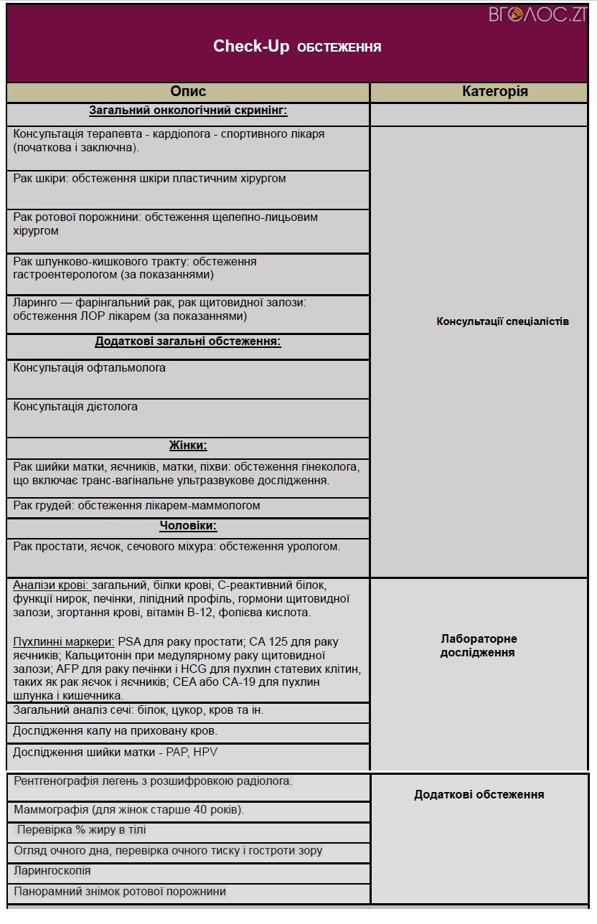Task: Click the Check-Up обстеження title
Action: (297, 47)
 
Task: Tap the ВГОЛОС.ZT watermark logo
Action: (538, 14)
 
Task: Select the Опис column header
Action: (188, 91)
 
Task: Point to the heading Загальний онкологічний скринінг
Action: (188, 110)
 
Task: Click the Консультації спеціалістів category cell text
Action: (502, 321)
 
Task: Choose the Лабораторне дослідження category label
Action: (479, 646)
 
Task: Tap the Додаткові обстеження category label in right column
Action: (479, 794)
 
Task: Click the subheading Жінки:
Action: (188, 445)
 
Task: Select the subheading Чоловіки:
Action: (188, 526)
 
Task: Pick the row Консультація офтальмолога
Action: (90, 368)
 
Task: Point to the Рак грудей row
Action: (136, 506)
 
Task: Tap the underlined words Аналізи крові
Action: (51, 585)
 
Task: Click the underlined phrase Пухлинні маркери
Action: (64, 641)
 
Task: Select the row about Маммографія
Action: (129, 810)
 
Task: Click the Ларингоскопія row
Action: (52, 871)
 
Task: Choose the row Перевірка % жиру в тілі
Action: (82, 830)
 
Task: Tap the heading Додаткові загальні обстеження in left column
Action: (188, 341)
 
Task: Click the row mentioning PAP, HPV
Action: (115, 753)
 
